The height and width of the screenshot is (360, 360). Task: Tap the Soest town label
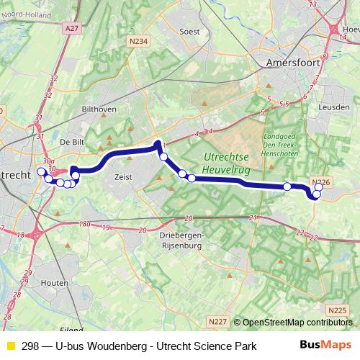(x=189, y=32)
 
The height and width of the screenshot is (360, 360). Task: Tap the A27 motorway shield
(x=71, y=28)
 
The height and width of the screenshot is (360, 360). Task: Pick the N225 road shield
(x=336, y=310)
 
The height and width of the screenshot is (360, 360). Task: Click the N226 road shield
(x=321, y=183)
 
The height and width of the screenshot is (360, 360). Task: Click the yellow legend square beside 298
(x=10, y=346)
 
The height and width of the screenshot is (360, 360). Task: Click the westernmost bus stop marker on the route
(x=41, y=172)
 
